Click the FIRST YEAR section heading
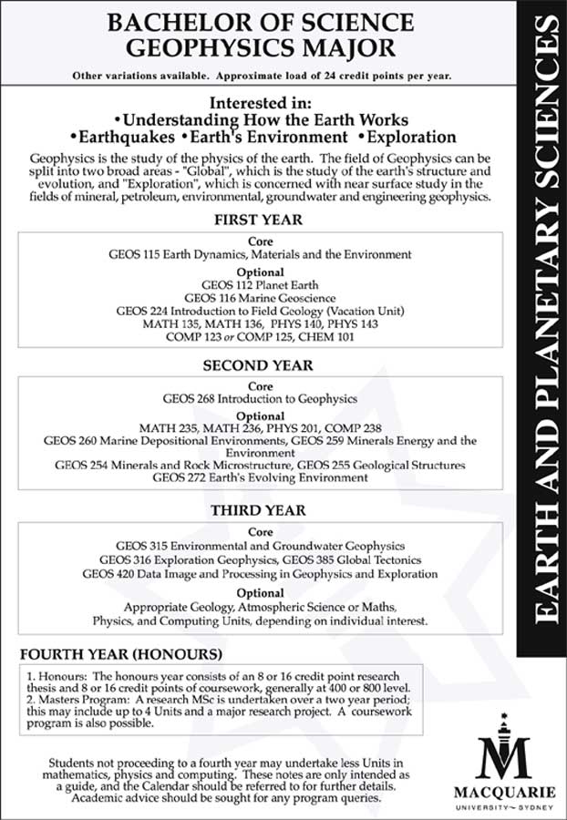258,220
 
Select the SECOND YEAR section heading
258,365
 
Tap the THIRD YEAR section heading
258,510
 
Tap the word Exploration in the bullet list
411,138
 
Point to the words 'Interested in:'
261,102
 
